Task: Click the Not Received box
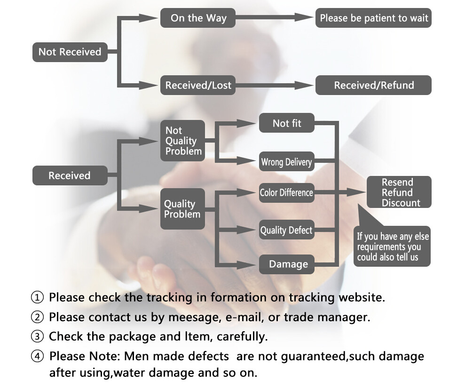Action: pyautogui.click(x=70, y=52)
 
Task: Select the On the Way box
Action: pyautogui.click(x=198, y=18)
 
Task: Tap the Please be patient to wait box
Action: pyautogui.click(x=373, y=18)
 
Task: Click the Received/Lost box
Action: pyautogui.click(x=198, y=85)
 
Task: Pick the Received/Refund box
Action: pyautogui.click(x=373, y=85)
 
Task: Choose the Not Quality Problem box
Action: pyautogui.click(x=182, y=141)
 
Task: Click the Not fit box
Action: pyautogui.click(x=287, y=123)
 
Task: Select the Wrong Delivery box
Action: pyautogui.click(x=286, y=162)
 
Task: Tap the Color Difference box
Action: pyautogui.click(x=286, y=192)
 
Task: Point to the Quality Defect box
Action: pyautogui.click(x=286, y=230)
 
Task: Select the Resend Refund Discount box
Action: pyautogui.click(x=399, y=192)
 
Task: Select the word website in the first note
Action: pyautogui.click(x=360, y=297)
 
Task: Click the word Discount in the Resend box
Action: pyautogui.click(x=401, y=203)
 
